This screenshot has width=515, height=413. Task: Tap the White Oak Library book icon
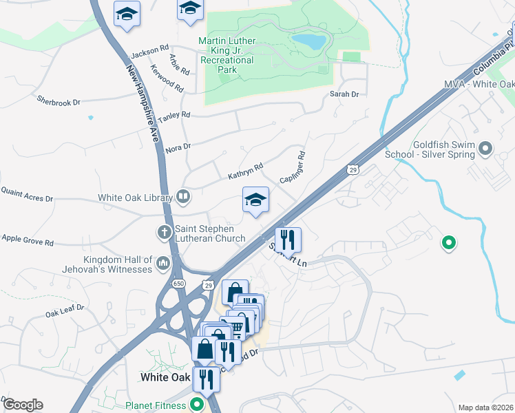pyautogui.click(x=183, y=198)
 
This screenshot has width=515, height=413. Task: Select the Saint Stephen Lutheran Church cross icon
pyautogui.click(x=165, y=231)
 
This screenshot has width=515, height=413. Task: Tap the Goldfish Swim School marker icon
pyautogui.click(x=486, y=148)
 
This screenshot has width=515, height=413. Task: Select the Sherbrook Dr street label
pyautogui.click(x=59, y=101)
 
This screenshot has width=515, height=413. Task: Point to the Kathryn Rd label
pyautogui.click(x=246, y=171)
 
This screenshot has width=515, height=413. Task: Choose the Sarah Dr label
pyautogui.click(x=345, y=94)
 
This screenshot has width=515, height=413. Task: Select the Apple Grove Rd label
pyautogui.click(x=28, y=240)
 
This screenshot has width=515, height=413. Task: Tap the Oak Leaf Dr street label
pyautogui.click(x=65, y=310)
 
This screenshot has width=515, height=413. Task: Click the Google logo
pyautogui.click(x=22, y=405)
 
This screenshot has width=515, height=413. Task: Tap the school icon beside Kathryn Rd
pyautogui.click(x=255, y=200)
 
